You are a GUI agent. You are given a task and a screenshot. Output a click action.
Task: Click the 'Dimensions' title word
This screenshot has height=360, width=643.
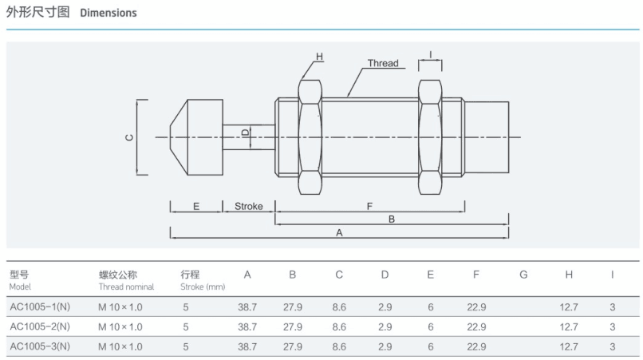(108, 13)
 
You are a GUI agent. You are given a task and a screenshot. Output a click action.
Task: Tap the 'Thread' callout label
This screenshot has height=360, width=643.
(383, 63)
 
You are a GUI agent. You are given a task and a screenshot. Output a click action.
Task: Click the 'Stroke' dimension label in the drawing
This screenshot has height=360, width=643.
(248, 207)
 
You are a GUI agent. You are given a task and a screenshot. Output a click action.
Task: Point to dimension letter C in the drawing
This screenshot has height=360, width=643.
(129, 137)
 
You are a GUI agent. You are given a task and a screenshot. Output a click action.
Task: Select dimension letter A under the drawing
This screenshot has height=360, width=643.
(339, 233)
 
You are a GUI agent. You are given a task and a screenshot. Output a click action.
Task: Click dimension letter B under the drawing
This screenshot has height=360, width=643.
(392, 219)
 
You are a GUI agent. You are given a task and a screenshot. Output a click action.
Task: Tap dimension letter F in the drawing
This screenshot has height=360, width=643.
(369, 207)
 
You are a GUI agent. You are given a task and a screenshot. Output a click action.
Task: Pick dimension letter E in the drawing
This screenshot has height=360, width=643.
(195, 207)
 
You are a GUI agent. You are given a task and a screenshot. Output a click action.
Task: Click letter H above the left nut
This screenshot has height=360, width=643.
(319, 57)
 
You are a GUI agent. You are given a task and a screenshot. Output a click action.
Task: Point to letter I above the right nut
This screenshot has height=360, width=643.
(430, 56)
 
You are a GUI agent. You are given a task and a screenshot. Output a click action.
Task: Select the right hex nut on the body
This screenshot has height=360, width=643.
(430, 137)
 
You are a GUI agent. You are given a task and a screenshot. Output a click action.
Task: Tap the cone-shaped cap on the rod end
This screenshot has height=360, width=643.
(195, 137)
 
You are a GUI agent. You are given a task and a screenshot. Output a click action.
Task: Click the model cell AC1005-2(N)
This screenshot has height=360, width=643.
(40, 326)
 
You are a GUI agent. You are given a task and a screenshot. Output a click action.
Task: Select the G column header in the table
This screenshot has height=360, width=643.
(523, 275)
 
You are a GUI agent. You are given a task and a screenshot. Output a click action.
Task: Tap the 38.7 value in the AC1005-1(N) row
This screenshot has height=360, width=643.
(247, 306)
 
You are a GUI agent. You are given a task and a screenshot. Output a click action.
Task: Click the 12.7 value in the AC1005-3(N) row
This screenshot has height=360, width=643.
(569, 346)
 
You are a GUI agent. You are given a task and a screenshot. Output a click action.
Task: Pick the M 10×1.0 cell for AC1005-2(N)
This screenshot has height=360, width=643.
(120, 326)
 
